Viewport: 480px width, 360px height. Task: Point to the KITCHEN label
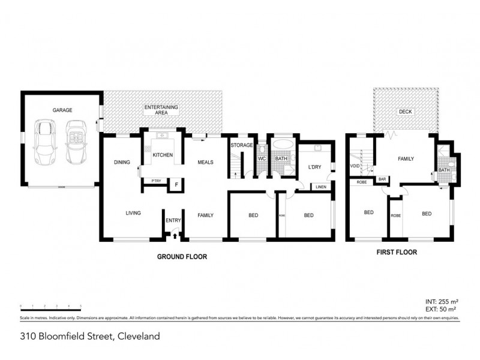coord(163,155)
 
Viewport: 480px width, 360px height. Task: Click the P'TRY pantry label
coord(156,181)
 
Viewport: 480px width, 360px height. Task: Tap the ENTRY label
coord(173,220)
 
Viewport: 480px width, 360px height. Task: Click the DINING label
coord(122,162)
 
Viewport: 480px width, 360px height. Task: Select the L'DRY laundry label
coord(316,167)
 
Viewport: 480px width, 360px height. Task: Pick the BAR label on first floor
coord(382,179)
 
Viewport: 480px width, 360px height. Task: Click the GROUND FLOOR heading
coord(182,256)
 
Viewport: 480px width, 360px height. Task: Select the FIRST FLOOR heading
coord(397,253)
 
